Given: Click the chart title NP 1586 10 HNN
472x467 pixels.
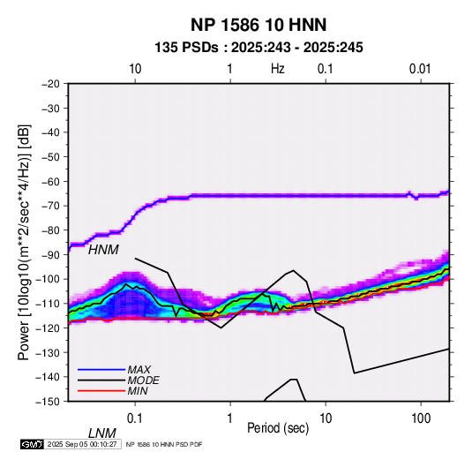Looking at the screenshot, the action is click(x=258, y=25).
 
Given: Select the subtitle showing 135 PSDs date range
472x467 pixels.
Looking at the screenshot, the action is click(x=258, y=48).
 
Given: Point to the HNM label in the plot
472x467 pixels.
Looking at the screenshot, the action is click(x=103, y=250).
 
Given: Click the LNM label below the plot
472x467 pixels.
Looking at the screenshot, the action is click(x=102, y=433).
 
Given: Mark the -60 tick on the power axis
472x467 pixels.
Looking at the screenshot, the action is click(x=50, y=181).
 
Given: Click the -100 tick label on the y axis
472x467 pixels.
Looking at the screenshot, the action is click(x=49, y=279).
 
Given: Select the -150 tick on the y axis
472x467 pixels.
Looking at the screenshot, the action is click(x=49, y=402).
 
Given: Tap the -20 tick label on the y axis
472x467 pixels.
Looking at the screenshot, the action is click(x=50, y=84).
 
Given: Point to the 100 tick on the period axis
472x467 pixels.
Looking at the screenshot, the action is click(x=421, y=418).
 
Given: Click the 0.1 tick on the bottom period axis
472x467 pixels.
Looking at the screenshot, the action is click(x=135, y=418).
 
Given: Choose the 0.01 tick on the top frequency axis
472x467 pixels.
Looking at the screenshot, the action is click(x=420, y=69).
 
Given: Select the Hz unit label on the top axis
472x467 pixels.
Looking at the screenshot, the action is click(x=278, y=69).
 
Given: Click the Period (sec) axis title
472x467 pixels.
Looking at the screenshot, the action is click(x=278, y=428).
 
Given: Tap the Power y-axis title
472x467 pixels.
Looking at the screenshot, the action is click(x=24, y=242).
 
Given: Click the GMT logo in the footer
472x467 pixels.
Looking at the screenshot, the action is click(x=33, y=444).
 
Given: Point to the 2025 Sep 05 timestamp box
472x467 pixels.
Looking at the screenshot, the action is click(x=83, y=444).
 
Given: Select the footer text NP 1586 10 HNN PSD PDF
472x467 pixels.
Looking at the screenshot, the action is click(x=164, y=444).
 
